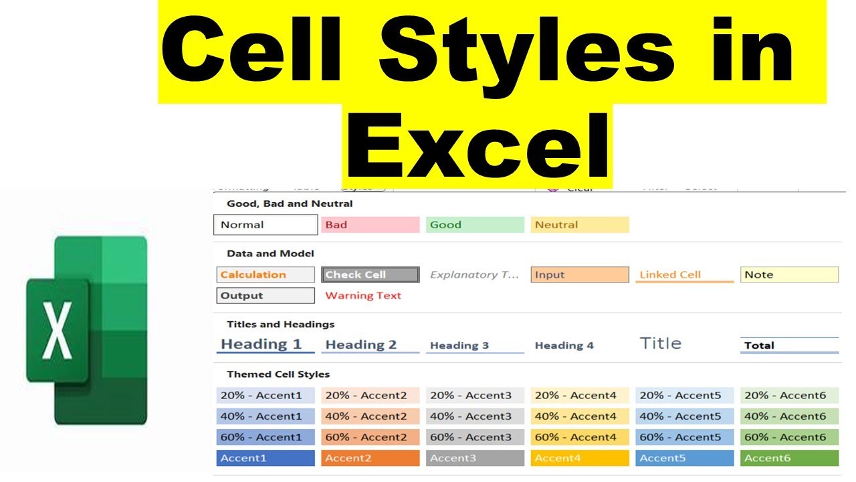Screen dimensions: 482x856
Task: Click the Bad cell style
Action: [370, 225]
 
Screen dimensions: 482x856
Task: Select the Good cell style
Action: [475, 225]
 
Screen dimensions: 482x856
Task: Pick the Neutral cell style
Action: [580, 225]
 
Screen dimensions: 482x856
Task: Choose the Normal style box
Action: [265, 225]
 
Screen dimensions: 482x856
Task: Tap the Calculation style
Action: [265, 274]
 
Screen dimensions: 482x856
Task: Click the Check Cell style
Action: [370, 274]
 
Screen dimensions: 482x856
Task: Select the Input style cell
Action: [580, 274]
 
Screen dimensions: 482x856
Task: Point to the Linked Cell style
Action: [684, 274]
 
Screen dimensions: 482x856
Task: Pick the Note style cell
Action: [789, 274]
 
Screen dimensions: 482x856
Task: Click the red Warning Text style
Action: [363, 295]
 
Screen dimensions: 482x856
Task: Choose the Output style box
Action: [265, 295]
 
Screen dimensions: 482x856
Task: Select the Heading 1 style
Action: [265, 345]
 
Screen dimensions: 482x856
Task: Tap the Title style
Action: [660, 343]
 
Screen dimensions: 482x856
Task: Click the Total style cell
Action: [789, 345]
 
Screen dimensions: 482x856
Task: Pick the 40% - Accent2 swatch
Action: [370, 416]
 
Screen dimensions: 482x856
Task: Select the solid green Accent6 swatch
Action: [789, 458]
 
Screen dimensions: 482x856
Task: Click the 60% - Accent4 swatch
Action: [580, 437]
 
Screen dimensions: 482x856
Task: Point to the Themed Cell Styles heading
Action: [278, 374]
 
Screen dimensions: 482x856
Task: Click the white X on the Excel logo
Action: [58, 331]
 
